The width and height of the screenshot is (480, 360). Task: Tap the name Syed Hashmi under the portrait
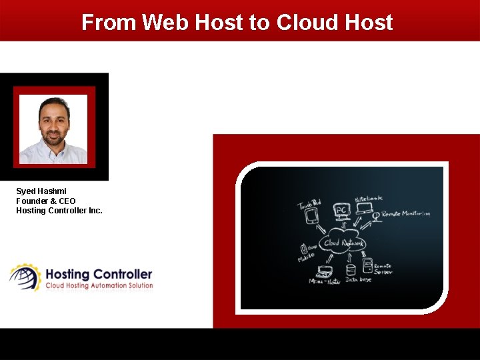click(41, 191)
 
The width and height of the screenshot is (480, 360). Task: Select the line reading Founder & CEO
click(46, 201)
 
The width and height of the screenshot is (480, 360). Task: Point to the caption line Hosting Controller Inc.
click(59, 211)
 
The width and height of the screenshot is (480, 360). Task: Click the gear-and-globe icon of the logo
click(24, 277)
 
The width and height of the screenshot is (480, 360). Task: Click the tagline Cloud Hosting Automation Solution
click(99, 285)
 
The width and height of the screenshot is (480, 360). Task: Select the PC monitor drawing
click(341, 213)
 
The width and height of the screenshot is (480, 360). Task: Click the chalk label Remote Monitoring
click(406, 214)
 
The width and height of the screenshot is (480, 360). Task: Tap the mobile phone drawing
click(304, 248)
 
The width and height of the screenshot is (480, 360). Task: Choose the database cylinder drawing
click(350, 271)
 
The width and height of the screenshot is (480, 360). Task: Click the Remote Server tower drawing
click(367, 265)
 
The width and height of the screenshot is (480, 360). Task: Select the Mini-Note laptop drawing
click(325, 271)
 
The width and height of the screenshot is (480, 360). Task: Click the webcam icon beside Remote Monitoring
click(376, 215)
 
